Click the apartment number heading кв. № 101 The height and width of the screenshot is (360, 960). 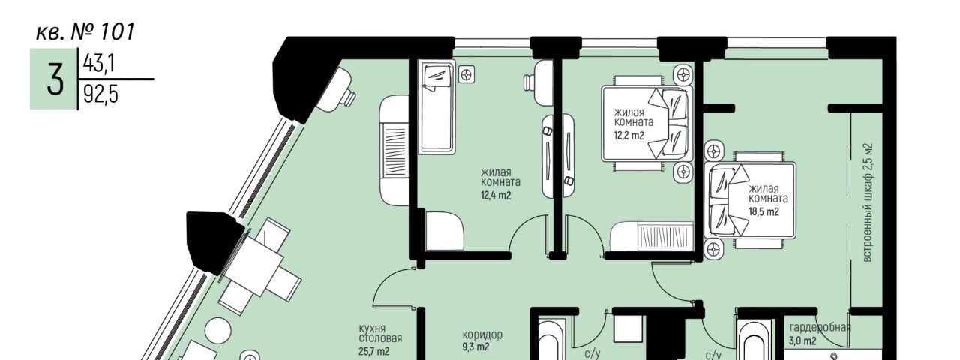click(85, 32)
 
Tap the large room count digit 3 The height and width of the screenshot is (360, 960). click(55, 79)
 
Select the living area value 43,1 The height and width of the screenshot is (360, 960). click(98, 64)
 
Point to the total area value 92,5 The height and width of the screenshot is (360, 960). click(100, 94)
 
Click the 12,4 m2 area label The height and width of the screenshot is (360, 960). click(496, 196)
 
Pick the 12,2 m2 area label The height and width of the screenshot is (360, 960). click(628, 136)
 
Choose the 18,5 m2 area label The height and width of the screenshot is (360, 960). click(763, 212)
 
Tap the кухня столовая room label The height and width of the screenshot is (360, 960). click(380, 334)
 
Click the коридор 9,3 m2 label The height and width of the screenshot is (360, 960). click(482, 340)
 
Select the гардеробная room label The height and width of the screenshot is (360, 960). click(820, 328)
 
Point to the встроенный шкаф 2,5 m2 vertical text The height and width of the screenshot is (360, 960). click(867, 202)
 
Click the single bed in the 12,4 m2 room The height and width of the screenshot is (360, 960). click(436, 107)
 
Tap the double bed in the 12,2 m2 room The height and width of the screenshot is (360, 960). click(647, 124)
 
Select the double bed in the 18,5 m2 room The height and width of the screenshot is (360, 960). click(750, 200)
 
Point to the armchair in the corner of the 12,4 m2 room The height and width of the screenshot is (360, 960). click(444, 231)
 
